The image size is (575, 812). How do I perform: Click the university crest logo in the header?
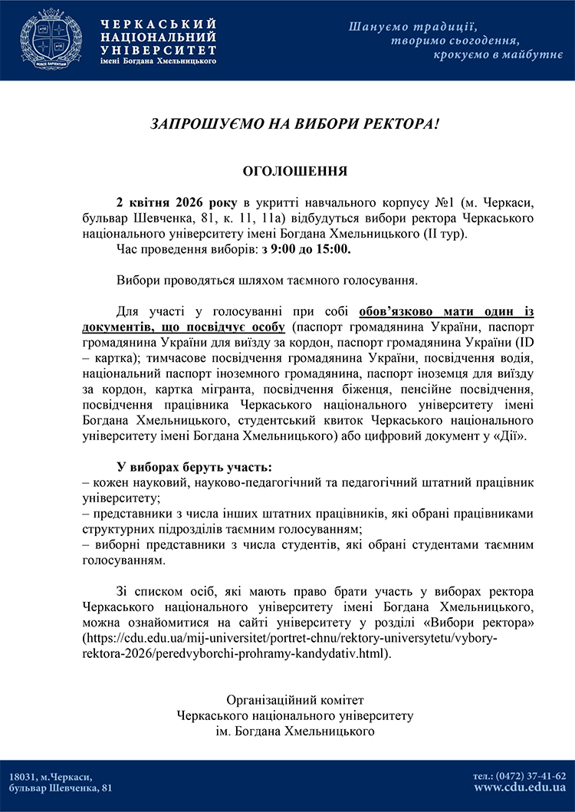[x=51, y=41]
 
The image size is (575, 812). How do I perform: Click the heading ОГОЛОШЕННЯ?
[x=294, y=170]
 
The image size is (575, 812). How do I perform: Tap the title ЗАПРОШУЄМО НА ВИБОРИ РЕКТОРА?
[x=295, y=123]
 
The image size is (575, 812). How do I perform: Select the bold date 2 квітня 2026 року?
[x=179, y=202]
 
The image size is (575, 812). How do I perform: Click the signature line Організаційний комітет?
[x=295, y=700]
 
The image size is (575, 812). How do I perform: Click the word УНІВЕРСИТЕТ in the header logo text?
[x=158, y=48]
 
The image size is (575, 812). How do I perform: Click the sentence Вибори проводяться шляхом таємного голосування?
[x=267, y=280]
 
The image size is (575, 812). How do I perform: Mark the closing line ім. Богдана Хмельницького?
[x=295, y=731]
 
